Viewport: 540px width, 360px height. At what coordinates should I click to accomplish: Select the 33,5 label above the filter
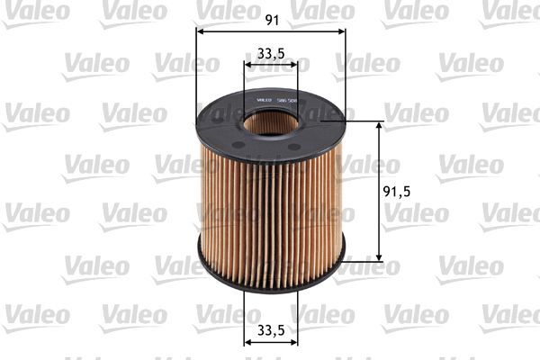(x=271, y=52)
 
